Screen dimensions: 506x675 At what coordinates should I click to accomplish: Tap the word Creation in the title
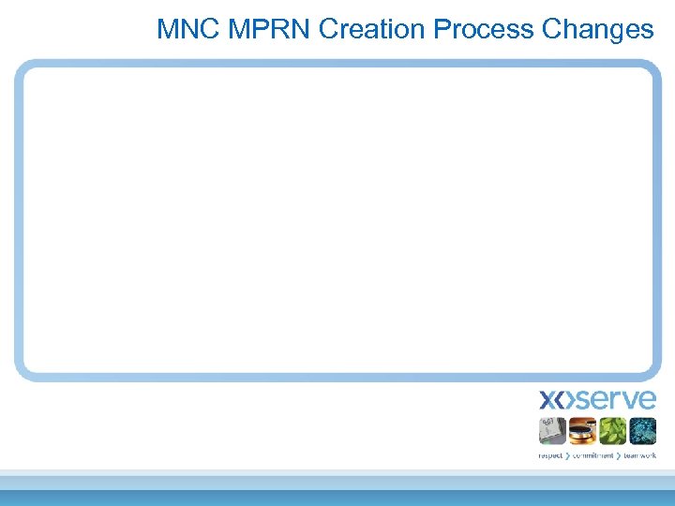(371, 29)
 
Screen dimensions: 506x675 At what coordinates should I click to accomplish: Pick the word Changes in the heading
(597, 29)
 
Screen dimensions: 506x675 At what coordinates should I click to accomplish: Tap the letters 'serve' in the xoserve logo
(614, 400)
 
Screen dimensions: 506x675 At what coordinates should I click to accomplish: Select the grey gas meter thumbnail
(552, 431)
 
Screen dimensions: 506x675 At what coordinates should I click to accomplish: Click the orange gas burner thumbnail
(582, 431)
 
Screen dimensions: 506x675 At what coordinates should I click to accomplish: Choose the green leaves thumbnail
(612, 431)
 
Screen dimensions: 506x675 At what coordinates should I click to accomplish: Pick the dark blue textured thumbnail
(642, 431)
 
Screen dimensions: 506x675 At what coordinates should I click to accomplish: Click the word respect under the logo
(551, 455)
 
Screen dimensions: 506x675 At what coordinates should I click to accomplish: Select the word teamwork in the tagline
(639, 455)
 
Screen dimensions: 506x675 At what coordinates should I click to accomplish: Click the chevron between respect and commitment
(567, 455)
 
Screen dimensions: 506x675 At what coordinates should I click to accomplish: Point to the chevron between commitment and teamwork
(620, 455)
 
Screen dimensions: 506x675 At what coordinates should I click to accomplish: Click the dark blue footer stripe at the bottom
(337, 498)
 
